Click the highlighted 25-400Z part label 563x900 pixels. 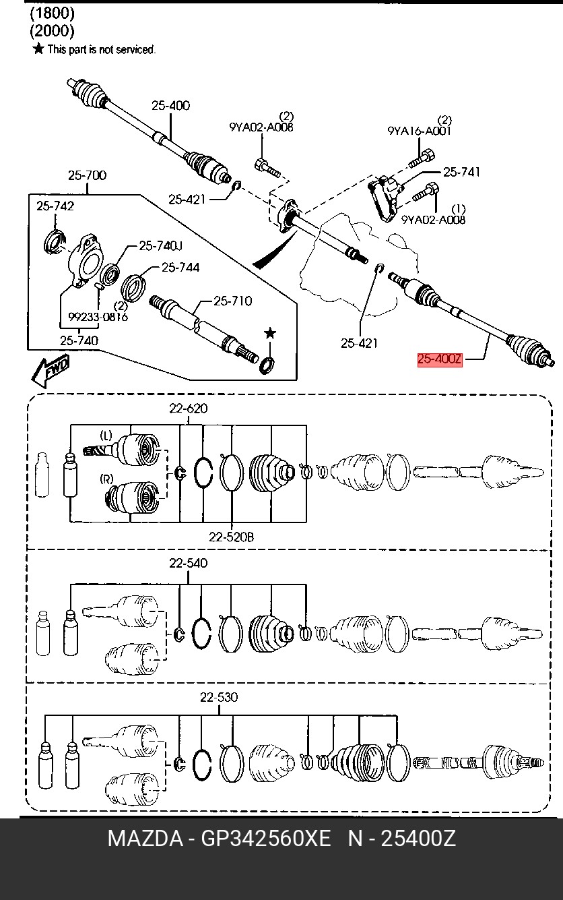click(440, 359)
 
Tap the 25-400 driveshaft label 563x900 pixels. click(170, 105)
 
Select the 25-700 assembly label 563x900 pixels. click(87, 176)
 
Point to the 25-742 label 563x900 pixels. click(55, 206)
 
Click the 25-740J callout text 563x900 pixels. click(160, 247)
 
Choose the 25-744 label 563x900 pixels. click(180, 268)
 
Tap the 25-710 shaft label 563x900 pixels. click(232, 301)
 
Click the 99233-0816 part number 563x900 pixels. click(98, 316)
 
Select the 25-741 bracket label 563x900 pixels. click(461, 173)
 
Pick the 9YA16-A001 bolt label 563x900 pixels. click(419, 131)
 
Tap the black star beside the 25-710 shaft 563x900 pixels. click(269, 333)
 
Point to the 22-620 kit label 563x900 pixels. click(188, 408)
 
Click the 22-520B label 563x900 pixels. click(231, 537)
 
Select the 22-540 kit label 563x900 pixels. click(188, 563)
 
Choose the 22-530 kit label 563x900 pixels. click(218, 697)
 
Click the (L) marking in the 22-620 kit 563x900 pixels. click(106, 434)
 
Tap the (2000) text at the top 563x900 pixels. click(52, 30)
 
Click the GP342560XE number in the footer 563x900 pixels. click(267, 839)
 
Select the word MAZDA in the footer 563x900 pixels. click(145, 839)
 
